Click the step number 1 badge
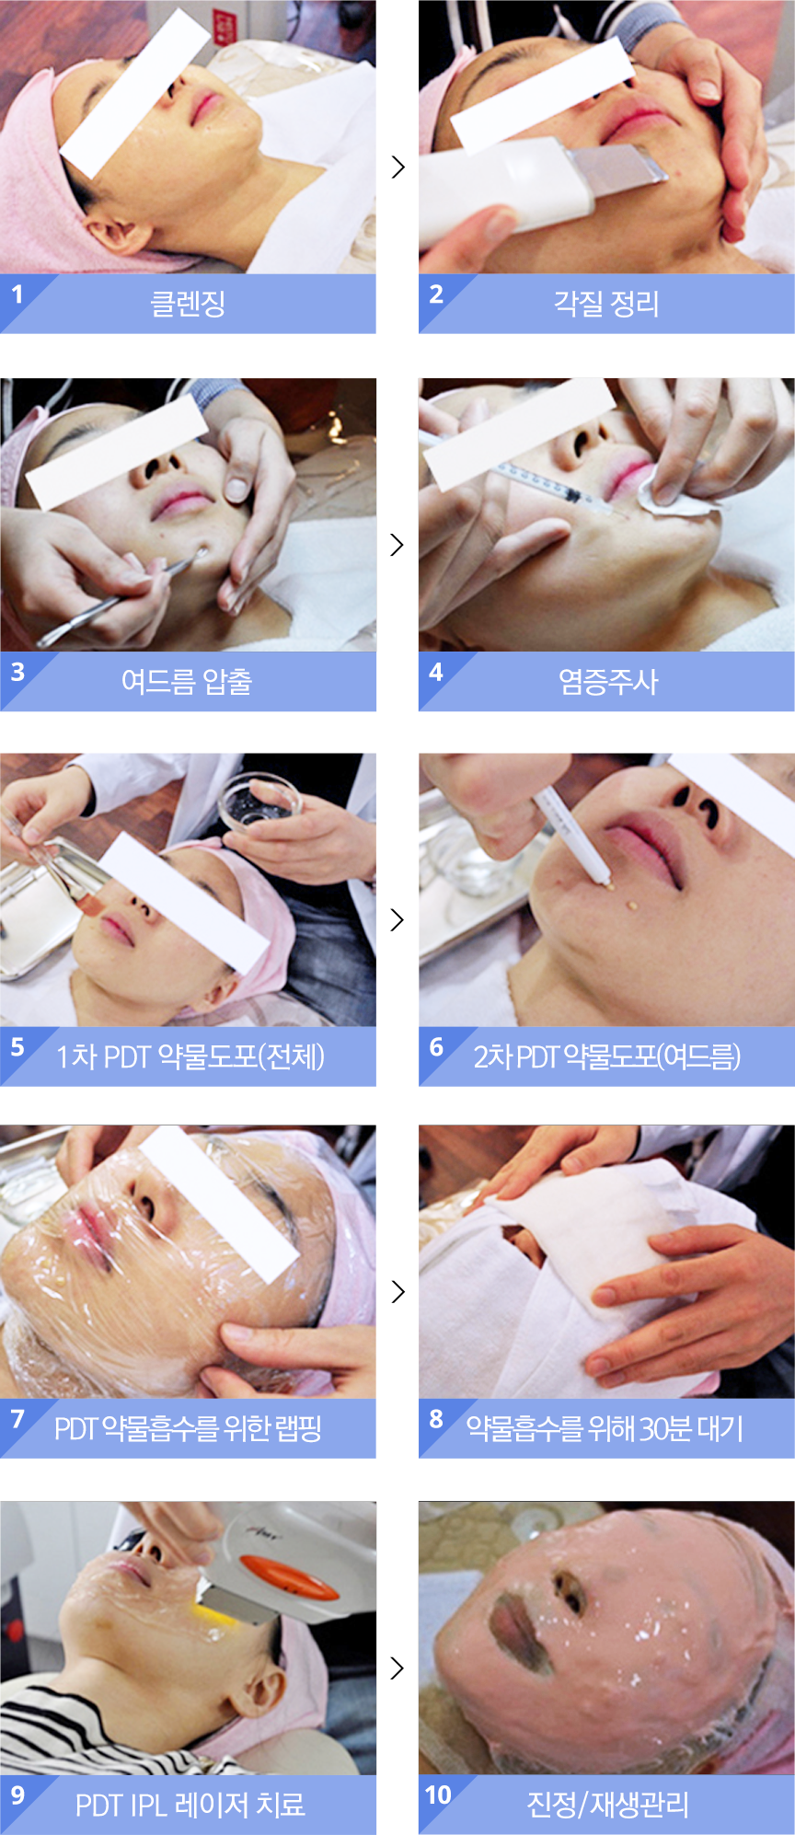tap(17, 294)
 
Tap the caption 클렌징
tap(188, 303)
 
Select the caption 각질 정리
tap(606, 303)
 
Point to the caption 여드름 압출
tap(187, 681)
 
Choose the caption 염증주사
tap(608, 681)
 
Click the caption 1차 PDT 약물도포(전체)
tap(190, 1056)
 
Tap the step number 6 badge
tap(436, 1047)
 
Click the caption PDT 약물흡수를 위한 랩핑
tap(189, 1428)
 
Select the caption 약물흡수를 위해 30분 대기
tap(605, 1428)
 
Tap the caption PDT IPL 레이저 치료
tap(190, 1805)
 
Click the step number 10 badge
tap(438, 1795)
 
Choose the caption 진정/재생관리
tap(607, 1805)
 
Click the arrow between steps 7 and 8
tap(397, 1291)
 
